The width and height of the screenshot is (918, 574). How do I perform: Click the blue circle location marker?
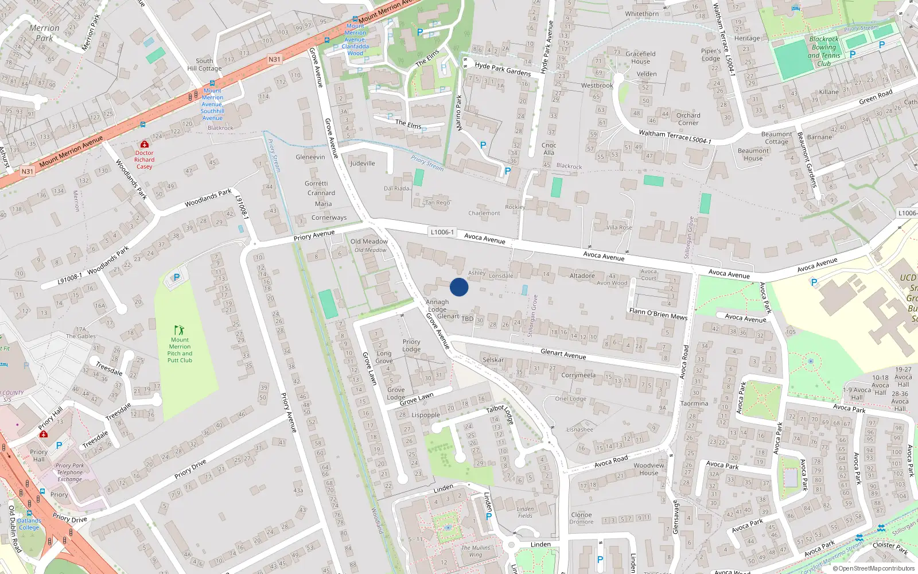[459, 287]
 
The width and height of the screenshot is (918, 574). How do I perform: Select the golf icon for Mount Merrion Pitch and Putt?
[179, 330]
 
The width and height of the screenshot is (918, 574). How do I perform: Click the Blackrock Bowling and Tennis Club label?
[824, 52]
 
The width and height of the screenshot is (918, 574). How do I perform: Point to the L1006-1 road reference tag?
[442, 232]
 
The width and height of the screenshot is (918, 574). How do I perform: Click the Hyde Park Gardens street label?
[503, 69]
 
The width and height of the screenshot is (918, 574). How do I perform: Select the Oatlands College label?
[29, 524]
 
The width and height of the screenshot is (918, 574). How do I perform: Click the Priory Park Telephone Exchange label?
[70, 472]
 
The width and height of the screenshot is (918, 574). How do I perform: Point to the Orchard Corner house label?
[688, 119]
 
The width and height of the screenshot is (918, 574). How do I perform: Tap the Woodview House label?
[649, 469]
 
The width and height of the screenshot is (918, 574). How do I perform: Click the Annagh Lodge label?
[437, 305]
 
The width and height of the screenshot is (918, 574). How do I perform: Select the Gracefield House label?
[640, 57]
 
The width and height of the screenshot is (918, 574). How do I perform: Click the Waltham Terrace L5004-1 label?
[675, 137]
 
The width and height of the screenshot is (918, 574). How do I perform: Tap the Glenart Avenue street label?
[563, 354]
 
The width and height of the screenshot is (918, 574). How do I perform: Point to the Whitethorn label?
[642, 14]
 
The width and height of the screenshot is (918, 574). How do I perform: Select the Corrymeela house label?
[578, 375]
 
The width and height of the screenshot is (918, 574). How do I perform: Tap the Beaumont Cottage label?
[777, 138]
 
